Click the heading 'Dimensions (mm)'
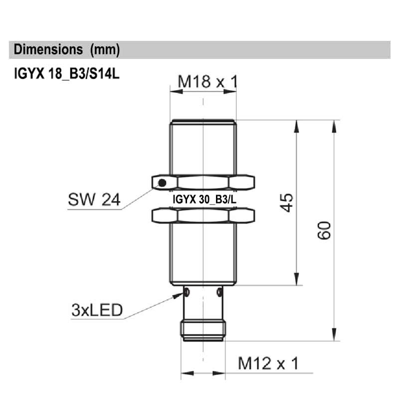pyautogui.click(x=67, y=50)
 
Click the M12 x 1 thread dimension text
pyautogui.click(x=268, y=364)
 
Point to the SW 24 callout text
pyautogui.click(x=94, y=200)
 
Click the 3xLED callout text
pyautogui.click(x=97, y=311)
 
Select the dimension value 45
pyautogui.click(x=288, y=202)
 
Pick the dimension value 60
pyautogui.click(x=325, y=230)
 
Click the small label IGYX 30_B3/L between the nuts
pyautogui.click(x=204, y=199)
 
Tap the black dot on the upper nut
pyautogui.click(x=162, y=183)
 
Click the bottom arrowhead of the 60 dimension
pyautogui.click(x=334, y=335)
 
